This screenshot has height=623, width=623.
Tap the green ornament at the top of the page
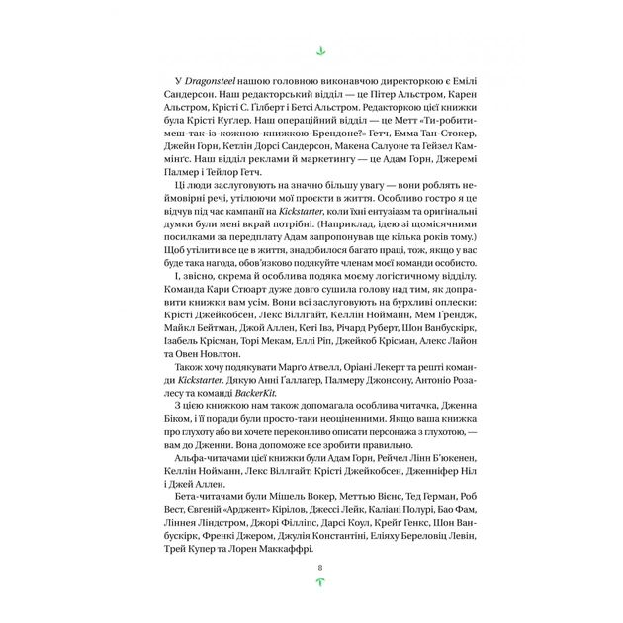(319, 48)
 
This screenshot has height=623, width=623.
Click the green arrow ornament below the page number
(319, 582)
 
